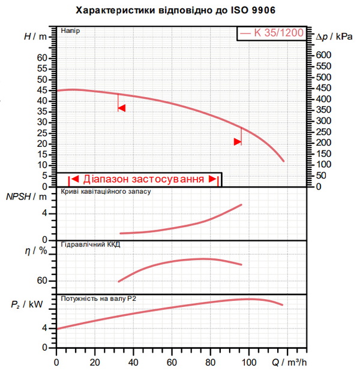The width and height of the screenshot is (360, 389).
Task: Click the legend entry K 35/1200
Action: point(272,33)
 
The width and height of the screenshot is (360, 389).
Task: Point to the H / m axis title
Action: point(35,37)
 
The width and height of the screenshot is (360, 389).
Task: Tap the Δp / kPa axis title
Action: point(334,37)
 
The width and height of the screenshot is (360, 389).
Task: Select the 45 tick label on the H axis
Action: point(42,90)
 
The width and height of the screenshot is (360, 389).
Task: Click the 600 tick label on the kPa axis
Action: point(323,55)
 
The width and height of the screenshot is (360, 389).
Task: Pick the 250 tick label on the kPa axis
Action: point(323,132)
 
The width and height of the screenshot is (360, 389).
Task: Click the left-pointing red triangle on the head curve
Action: point(122,108)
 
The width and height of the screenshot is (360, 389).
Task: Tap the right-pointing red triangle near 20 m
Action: point(238,142)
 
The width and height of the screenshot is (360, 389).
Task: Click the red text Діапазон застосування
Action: point(143,179)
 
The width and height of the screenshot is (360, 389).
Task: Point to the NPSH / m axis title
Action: point(26,197)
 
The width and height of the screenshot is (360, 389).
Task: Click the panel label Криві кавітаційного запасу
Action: point(106,192)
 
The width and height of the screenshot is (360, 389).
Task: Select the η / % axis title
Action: point(36,251)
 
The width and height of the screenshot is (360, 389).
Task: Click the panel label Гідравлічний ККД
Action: point(91,245)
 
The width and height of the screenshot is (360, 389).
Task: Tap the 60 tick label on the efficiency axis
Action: point(42,281)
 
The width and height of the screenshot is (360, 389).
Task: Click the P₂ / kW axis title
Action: point(27,304)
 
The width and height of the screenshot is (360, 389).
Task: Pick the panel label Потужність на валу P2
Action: point(98,298)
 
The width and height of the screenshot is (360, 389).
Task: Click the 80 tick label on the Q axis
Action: point(210,363)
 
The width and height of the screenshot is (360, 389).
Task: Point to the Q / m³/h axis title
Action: point(289,363)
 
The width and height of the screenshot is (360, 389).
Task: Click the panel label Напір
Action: point(71,31)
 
